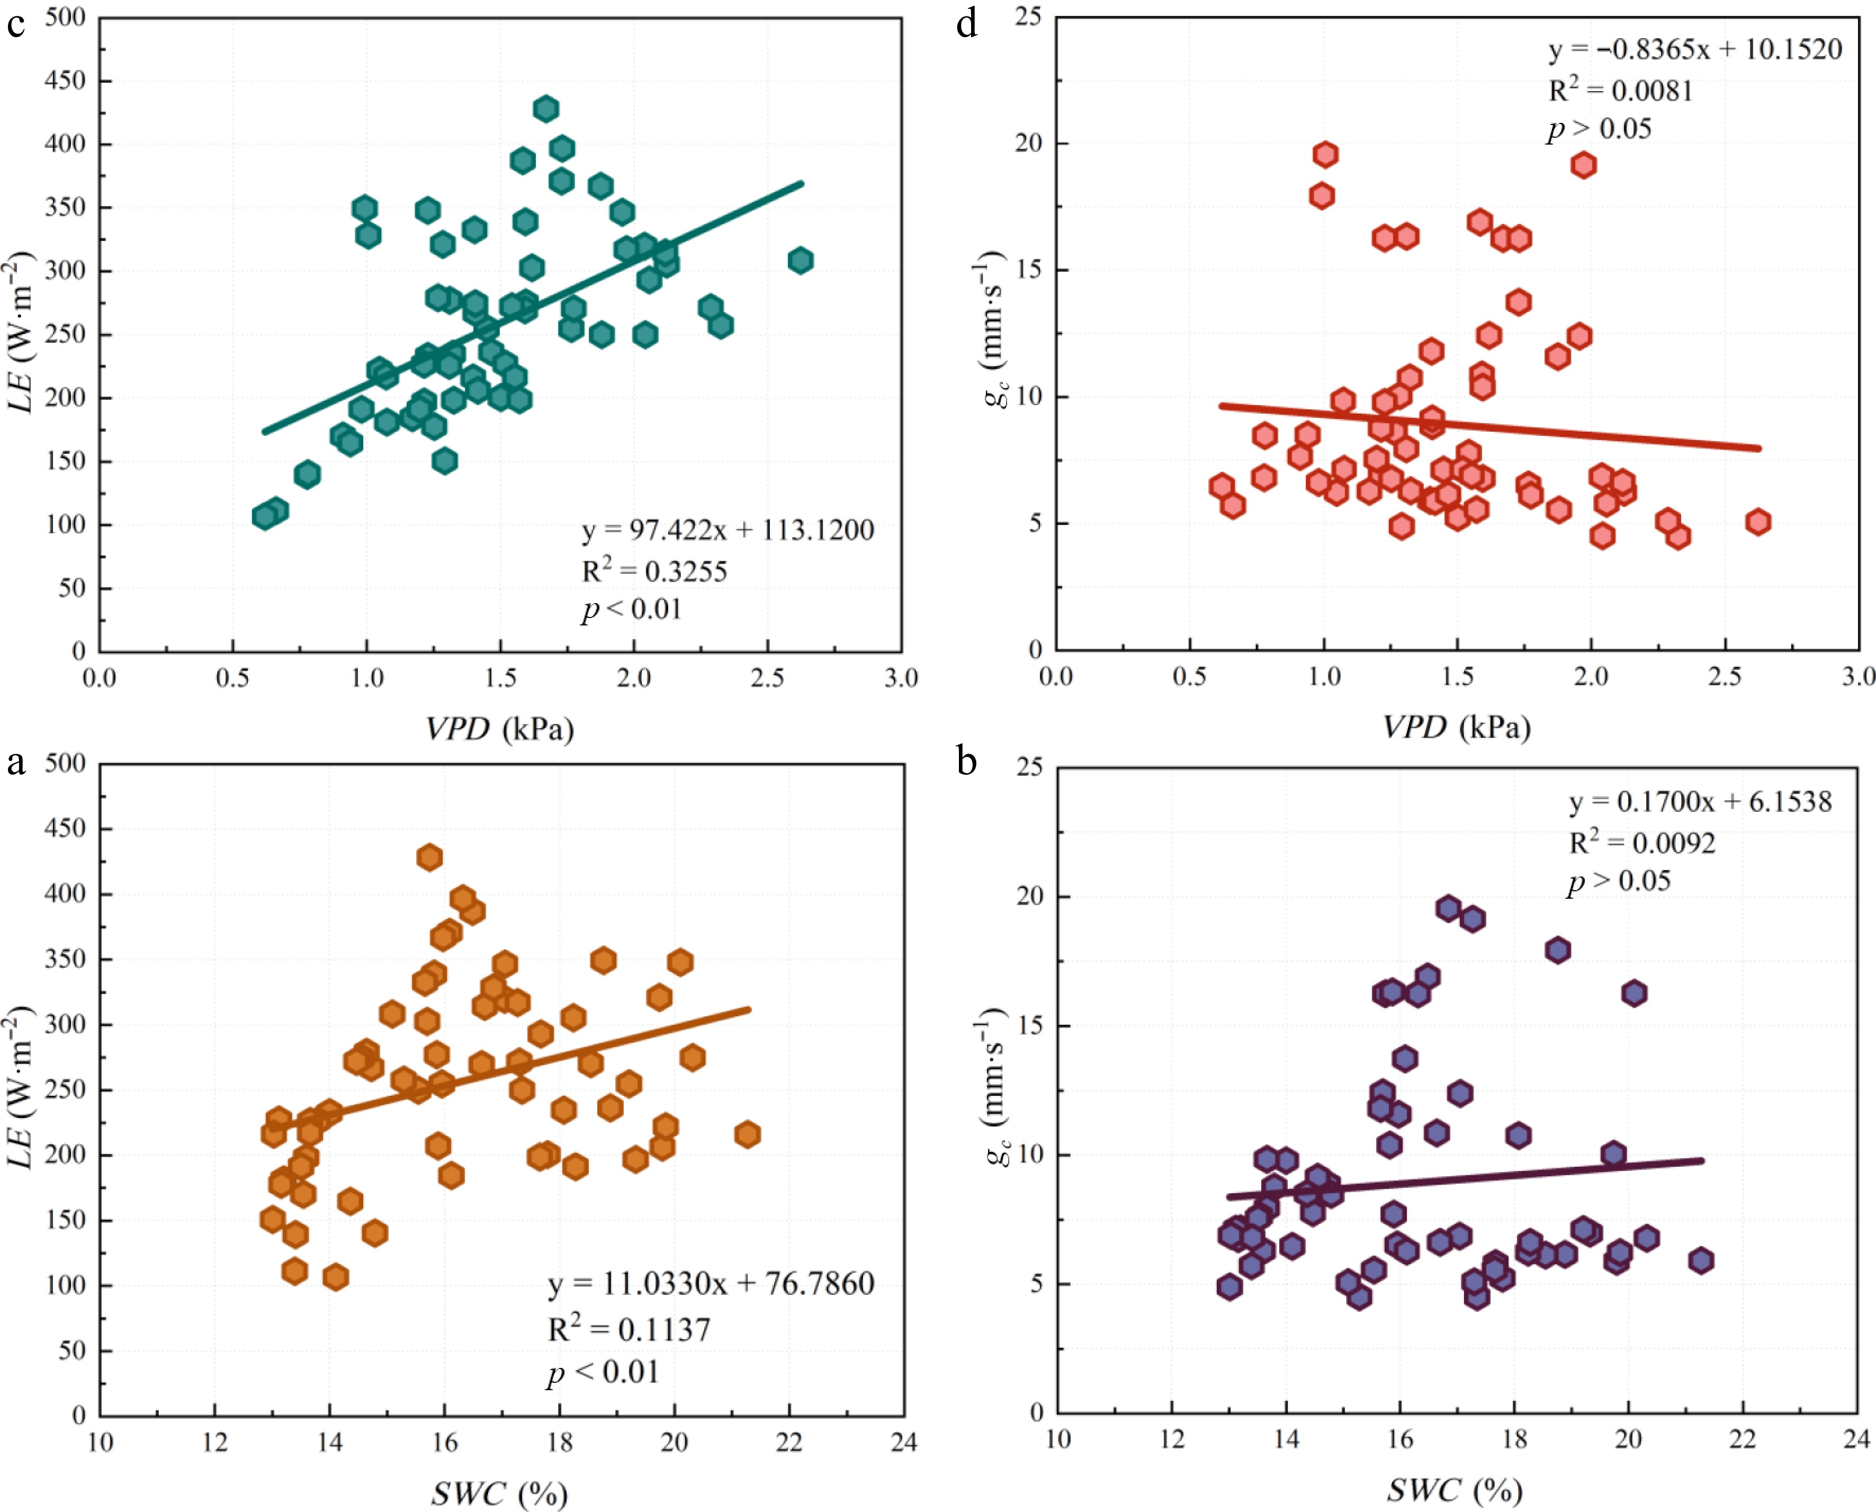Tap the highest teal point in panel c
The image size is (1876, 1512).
point(546,109)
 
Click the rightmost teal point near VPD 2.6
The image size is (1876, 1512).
point(801,261)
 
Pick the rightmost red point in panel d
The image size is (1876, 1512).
point(1757,522)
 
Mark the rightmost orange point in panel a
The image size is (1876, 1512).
point(747,1134)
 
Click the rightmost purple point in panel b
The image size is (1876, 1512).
point(1701,1260)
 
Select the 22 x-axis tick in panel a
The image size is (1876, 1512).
point(789,1443)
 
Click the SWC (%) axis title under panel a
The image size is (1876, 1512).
point(499,1493)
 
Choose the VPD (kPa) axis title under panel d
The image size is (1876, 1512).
point(1456,727)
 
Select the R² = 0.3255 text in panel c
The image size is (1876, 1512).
point(654,571)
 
